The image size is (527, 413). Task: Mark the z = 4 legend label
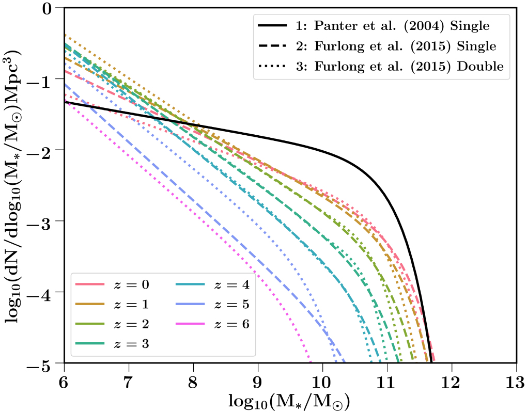coord(225,284)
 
